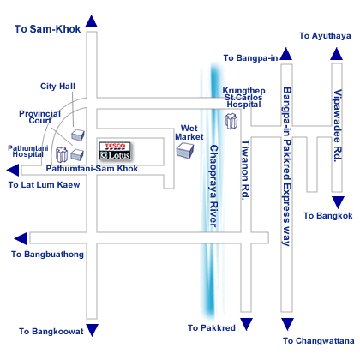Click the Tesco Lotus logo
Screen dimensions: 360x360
(115, 151)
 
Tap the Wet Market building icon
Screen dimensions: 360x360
(185, 150)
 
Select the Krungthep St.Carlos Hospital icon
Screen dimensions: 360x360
(231, 121)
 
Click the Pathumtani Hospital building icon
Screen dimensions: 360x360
(62, 154)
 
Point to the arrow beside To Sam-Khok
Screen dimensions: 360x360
(92, 21)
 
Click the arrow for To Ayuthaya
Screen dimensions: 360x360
(336, 54)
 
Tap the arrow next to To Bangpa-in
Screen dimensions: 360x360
(286, 54)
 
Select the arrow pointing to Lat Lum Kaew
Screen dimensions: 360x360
(13, 171)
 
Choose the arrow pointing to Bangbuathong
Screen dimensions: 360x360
(21, 238)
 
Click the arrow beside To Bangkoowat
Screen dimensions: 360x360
(93, 330)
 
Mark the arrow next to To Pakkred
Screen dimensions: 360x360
(246, 324)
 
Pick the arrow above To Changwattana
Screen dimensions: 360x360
(287, 324)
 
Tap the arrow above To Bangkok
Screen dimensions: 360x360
(338, 202)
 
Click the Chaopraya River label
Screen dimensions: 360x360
(214, 186)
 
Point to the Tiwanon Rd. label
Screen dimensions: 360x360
(246, 170)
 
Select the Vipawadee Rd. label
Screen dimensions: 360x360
(338, 126)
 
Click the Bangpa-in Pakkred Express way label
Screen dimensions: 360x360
(287, 166)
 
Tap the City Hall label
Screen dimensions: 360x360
(57, 87)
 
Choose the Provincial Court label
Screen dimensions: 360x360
(40, 117)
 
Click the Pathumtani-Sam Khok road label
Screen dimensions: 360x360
(92, 169)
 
